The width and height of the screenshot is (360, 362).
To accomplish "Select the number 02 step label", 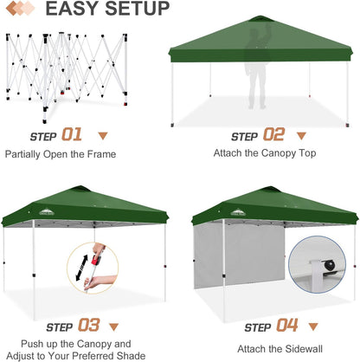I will click(x=273, y=135).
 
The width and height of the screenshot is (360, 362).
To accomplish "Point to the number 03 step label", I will click(x=88, y=326).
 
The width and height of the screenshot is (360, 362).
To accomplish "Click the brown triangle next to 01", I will click(x=103, y=135).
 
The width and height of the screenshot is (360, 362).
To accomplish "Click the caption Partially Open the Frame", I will click(x=61, y=154).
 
